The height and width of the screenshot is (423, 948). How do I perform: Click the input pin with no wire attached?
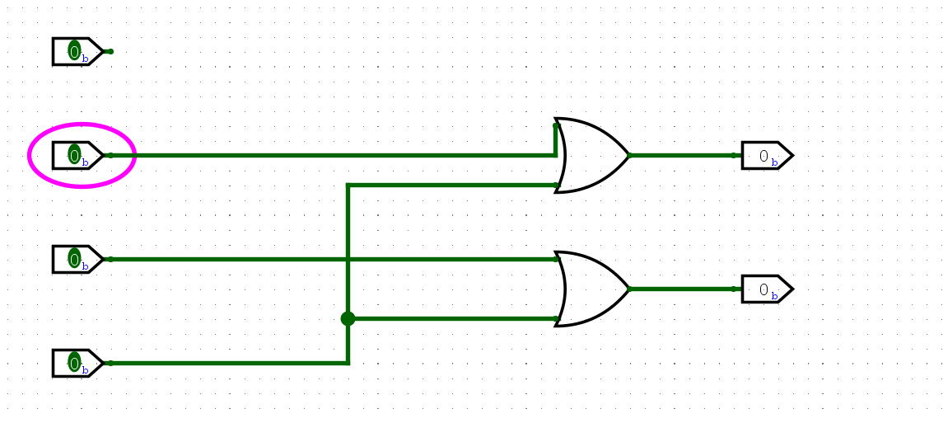tap(77, 51)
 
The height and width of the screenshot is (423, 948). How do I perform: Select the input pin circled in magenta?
tap(77, 155)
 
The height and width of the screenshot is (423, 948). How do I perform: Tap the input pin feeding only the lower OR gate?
tap(77, 259)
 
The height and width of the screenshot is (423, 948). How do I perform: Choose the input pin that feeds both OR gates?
tap(77, 363)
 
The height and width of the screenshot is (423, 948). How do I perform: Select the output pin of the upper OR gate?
tap(766, 155)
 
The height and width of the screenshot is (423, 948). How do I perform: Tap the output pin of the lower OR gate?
tap(766, 289)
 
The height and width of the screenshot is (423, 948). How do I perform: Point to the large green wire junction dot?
tap(348, 318)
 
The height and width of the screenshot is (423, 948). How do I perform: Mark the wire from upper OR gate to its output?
tap(684, 155)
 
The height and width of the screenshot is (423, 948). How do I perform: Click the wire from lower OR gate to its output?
tap(684, 289)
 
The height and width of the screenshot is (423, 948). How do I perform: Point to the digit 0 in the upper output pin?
tap(764, 155)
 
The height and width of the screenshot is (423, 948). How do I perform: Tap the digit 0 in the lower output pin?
tap(764, 289)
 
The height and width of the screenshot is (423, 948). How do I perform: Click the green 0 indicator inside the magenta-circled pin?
tap(74, 155)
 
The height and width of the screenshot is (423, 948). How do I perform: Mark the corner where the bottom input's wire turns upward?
tap(348, 363)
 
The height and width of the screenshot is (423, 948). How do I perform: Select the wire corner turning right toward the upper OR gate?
tap(348, 185)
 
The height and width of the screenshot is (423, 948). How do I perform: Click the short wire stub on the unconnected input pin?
tap(107, 51)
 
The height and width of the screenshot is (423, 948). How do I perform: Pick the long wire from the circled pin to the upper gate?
tap(329, 155)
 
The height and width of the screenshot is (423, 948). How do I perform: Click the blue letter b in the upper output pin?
tap(774, 162)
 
